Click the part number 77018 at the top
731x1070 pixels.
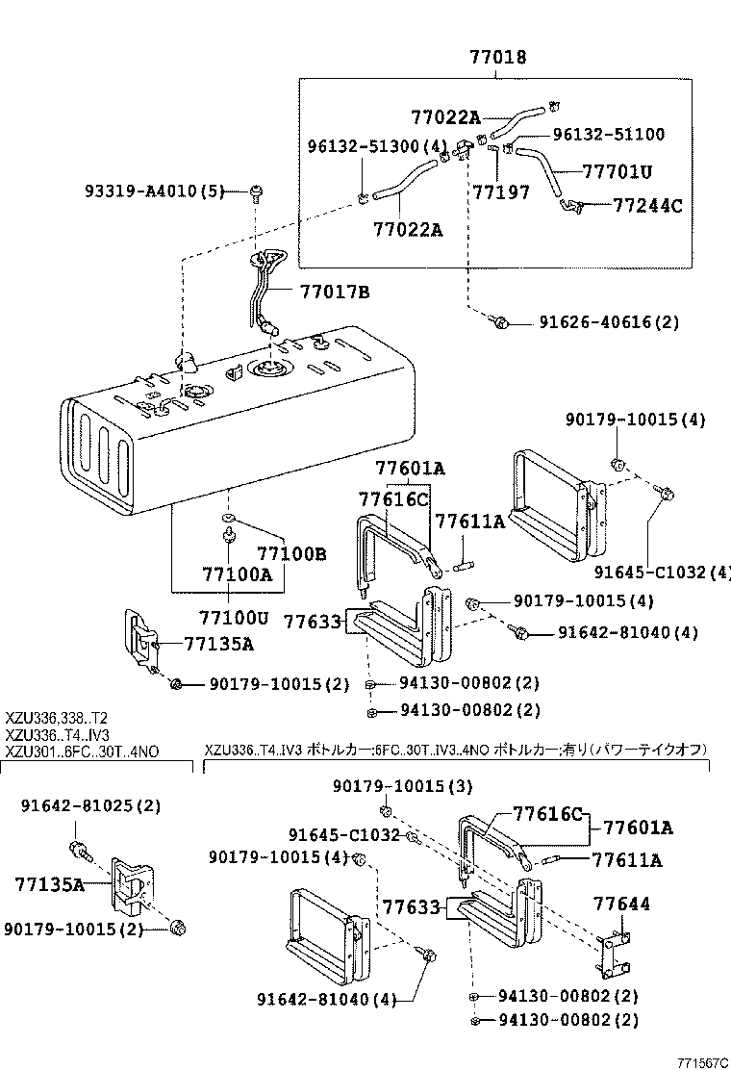tap(497, 58)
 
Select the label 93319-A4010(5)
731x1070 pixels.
tap(155, 191)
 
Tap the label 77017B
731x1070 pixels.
tap(334, 290)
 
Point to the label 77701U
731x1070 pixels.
tap(617, 172)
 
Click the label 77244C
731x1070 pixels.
tap(647, 205)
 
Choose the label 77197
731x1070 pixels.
tap(500, 192)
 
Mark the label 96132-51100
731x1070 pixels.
tap(608, 135)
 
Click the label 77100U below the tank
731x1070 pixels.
tap(235, 615)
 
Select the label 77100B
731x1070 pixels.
tap(291, 554)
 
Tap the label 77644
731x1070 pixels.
tap(620, 904)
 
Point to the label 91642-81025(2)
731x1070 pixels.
tap(91, 805)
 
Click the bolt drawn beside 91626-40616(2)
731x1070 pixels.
tap(498, 322)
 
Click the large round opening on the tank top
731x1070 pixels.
tap(265, 369)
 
